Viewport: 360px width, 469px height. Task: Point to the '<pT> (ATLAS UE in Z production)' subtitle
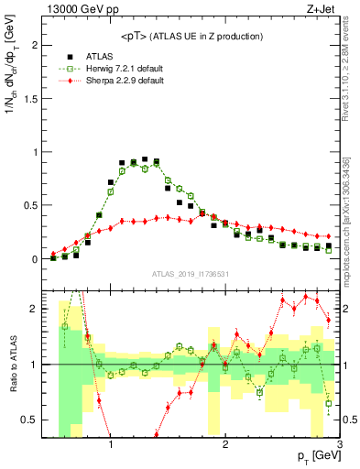point(191,36)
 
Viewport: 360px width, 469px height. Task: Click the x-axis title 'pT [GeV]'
point(314,455)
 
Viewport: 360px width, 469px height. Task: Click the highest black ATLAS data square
point(145,159)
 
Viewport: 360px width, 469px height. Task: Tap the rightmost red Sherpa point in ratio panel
point(328,320)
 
